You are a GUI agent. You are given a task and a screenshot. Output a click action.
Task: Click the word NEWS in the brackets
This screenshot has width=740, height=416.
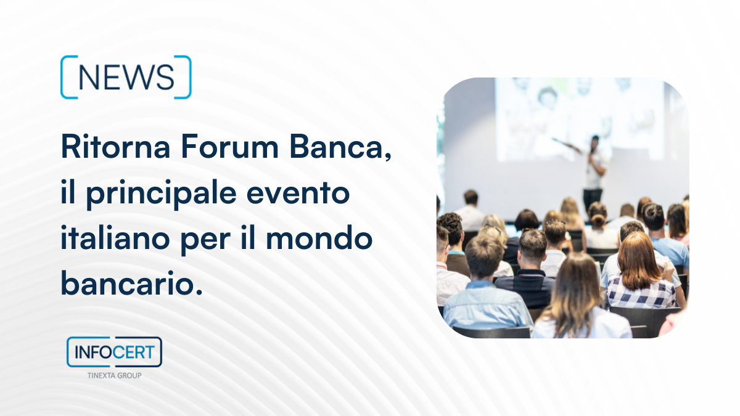coord(126,77)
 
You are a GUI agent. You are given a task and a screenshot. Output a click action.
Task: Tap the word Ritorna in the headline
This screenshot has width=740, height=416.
coord(116,146)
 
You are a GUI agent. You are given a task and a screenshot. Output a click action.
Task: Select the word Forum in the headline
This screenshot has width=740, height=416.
coord(229,146)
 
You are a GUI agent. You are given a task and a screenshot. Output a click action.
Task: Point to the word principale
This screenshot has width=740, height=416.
coord(161,194)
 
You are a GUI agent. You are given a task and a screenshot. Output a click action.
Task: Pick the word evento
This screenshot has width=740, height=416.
coord(298,194)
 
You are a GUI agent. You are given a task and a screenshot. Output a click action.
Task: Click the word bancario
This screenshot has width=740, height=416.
coord(131,283)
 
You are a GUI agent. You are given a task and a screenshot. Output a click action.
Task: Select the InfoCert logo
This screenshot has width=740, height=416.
coord(114,352)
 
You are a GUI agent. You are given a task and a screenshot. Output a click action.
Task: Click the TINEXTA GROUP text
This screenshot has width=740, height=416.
coord(114,375)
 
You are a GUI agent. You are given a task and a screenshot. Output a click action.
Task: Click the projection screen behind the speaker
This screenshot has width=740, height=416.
coord(580,119)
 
